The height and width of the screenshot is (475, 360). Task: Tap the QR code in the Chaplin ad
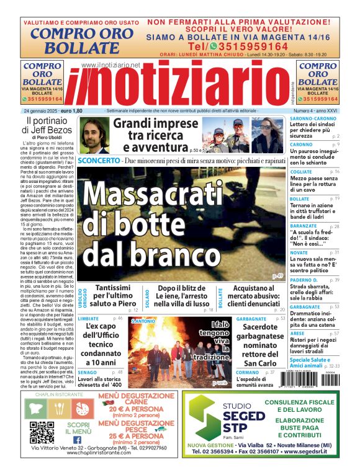pyautogui.click(x=42, y=432)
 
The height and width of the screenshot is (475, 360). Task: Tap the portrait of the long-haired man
pyautogui.click(x=95, y=135)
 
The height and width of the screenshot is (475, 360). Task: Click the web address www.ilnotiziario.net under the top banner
pyautogui.click(x=110, y=64)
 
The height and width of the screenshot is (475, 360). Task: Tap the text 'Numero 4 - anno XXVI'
pyautogui.click(x=315, y=111)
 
